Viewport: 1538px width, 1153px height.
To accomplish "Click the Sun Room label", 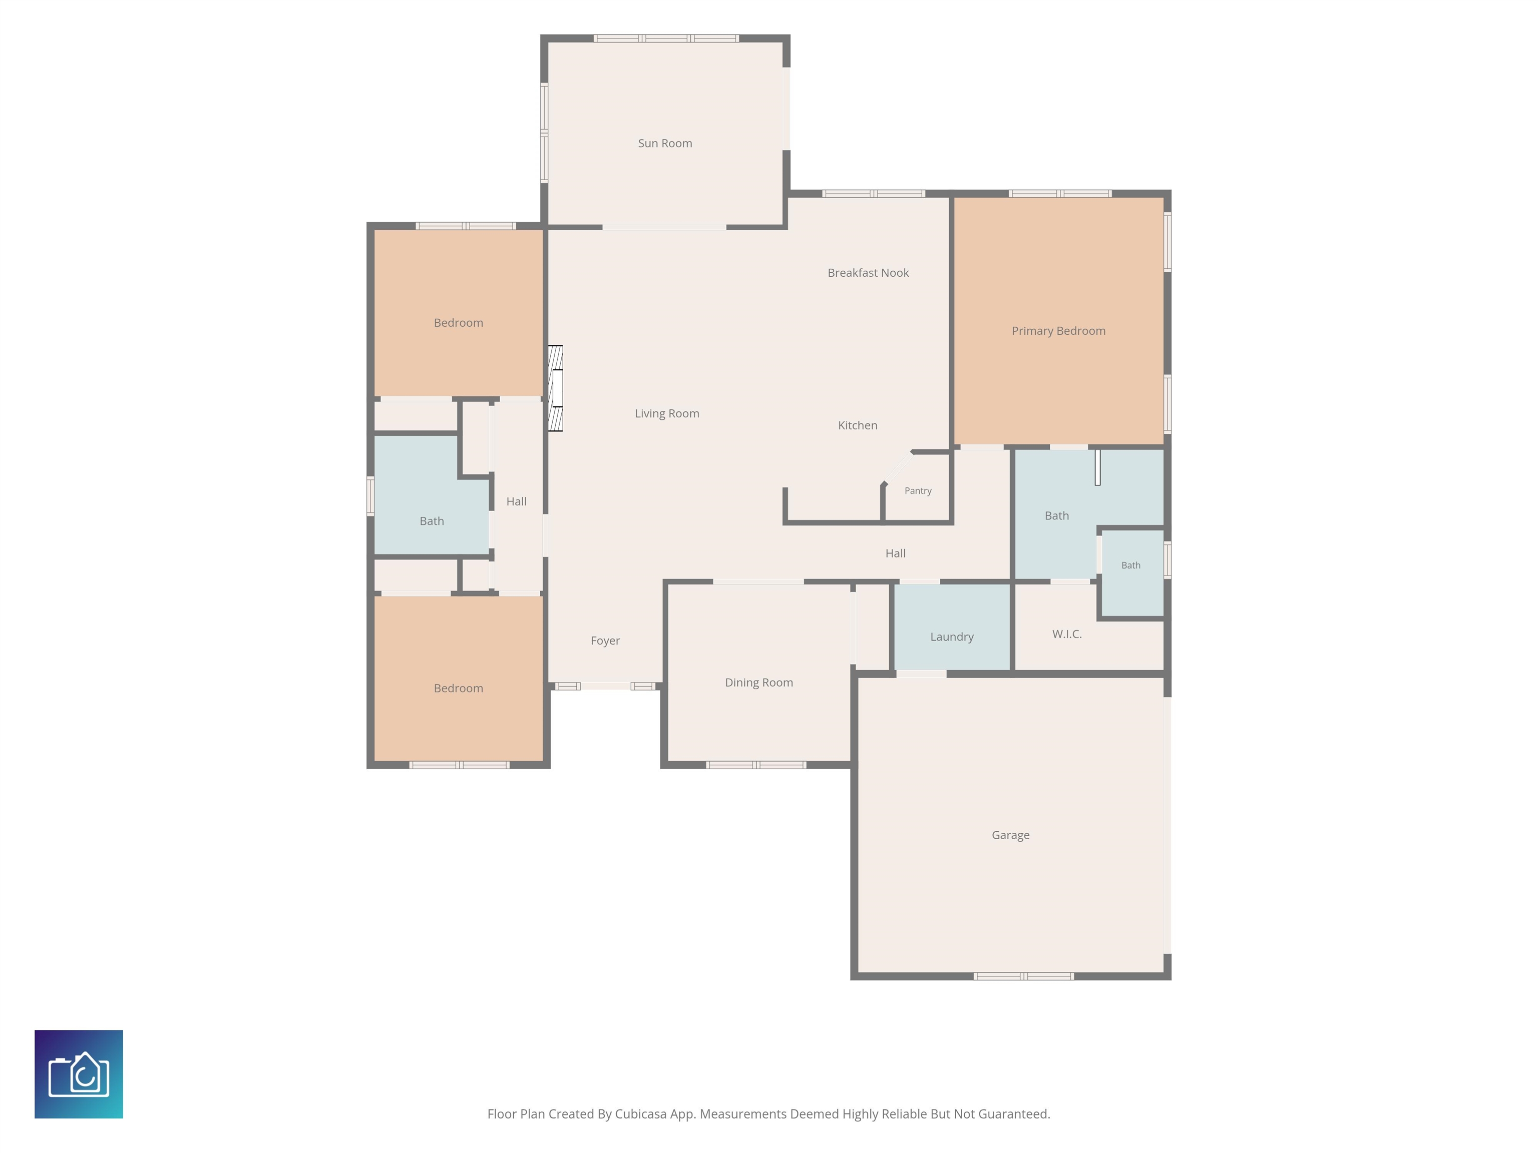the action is (x=665, y=143).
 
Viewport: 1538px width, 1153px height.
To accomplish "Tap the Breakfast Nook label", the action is (x=868, y=272).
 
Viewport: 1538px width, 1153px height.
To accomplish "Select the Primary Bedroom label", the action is (x=1058, y=331).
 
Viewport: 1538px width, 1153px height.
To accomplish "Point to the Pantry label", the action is (x=918, y=490).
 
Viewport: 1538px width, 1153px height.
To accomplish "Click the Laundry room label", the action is (x=952, y=637).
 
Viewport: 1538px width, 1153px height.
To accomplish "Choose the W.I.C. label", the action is (x=1066, y=634).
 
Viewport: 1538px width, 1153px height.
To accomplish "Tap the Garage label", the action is (x=1010, y=835).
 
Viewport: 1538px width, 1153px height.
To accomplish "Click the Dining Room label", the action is (x=758, y=683).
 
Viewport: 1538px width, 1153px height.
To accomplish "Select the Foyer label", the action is (x=605, y=641).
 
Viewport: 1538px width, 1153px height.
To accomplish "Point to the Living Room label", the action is (x=667, y=413).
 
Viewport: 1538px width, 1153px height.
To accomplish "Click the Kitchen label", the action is (x=857, y=425).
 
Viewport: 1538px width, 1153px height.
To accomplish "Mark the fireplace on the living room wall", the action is (x=555, y=388).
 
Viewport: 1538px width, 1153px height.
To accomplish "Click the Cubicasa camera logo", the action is (x=79, y=1074).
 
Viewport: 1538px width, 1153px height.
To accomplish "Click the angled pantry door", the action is (x=898, y=467).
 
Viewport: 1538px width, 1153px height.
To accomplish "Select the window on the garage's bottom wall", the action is (x=1023, y=976).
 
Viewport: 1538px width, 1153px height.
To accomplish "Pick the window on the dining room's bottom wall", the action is (x=756, y=765).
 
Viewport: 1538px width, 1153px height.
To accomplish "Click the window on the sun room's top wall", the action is (x=666, y=38).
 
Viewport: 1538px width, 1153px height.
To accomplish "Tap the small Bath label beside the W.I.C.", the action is (x=1130, y=565).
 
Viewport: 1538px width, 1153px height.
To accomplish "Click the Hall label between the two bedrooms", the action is (x=516, y=501).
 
